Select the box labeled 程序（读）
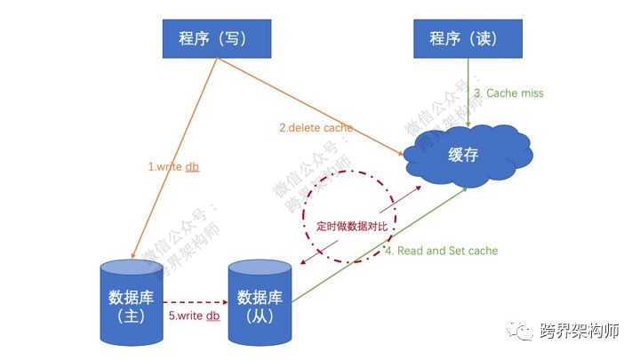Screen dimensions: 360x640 (468, 38)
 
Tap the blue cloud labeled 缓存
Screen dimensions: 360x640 (463, 156)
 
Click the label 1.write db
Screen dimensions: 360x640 (173, 165)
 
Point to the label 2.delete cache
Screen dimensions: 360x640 (316, 128)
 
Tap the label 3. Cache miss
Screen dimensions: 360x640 (508, 92)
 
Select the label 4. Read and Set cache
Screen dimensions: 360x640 (441, 251)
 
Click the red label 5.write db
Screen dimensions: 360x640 (193, 316)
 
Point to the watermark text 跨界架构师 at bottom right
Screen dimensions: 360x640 (580, 331)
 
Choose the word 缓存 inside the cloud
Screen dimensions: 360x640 (463, 156)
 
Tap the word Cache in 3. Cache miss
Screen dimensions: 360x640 (503, 92)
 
